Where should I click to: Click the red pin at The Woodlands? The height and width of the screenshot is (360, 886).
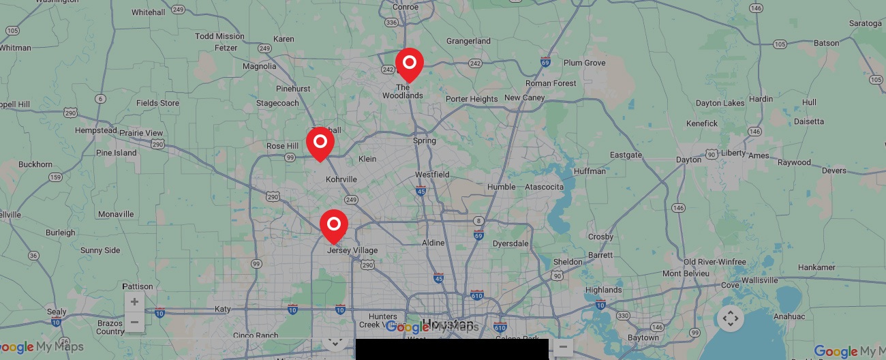[x=410, y=63]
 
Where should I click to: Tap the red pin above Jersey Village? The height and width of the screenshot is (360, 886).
[x=334, y=224]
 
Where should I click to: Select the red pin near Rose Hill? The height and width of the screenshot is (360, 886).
[x=320, y=142]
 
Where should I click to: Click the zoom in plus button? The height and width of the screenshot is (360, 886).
[x=134, y=302]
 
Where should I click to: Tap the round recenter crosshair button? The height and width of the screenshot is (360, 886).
[x=730, y=318]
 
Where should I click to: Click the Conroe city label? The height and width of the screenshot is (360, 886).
[x=406, y=7]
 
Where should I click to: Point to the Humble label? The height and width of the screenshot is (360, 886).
[x=501, y=187]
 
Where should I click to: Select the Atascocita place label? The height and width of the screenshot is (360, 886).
[x=545, y=187]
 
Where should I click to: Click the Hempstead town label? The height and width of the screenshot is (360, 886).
[x=95, y=130]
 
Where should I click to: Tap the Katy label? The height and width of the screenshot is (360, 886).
[x=223, y=309]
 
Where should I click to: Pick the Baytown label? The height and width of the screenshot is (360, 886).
[x=643, y=337]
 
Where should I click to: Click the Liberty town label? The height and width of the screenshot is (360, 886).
[x=733, y=153]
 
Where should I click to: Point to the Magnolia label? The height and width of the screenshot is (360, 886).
[x=260, y=66]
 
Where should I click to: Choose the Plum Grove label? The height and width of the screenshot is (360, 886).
[x=584, y=63]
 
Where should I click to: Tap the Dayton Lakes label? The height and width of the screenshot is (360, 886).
[x=720, y=103]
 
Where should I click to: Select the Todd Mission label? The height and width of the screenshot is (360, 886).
[x=219, y=36]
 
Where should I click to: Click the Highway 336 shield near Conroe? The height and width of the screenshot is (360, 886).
[x=391, y=22]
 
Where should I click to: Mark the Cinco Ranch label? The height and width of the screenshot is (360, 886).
[x=256, y=335]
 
